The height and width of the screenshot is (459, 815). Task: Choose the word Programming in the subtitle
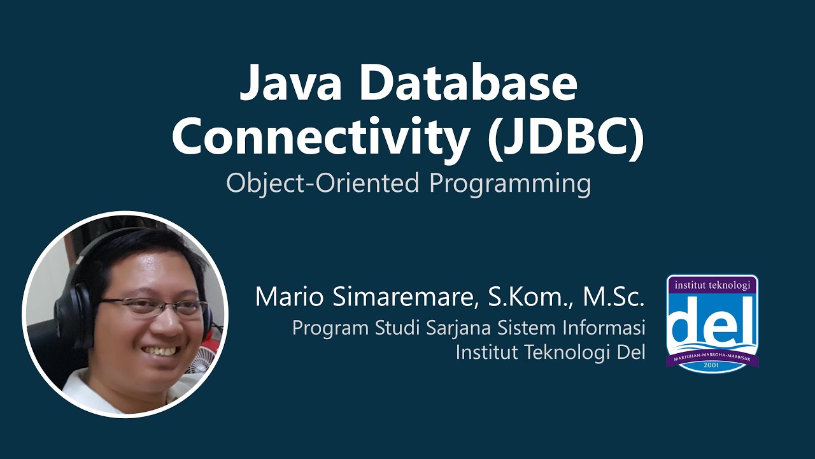click(x=510, y=184)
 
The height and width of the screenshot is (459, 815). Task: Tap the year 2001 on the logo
click(x=712, y=367)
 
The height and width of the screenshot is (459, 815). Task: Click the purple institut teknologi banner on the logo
click(x=712, y=285)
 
